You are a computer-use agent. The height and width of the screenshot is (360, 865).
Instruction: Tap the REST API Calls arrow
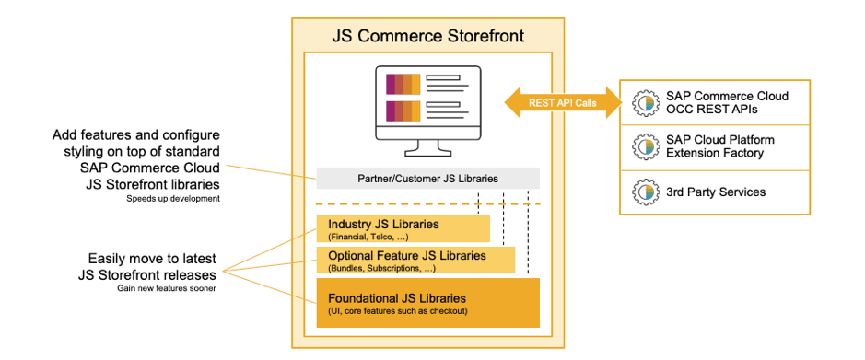562,102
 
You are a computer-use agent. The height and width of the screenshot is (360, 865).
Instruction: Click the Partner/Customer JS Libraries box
427,178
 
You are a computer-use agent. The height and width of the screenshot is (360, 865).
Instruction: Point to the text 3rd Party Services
717,192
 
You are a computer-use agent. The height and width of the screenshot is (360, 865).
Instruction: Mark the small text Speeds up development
173,197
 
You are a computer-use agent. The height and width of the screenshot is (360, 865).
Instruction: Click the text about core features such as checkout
400,311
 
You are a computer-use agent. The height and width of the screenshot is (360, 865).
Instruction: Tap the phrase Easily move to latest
154,258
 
